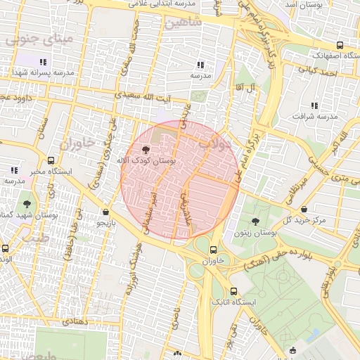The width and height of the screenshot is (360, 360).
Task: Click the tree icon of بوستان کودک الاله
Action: [146, 149]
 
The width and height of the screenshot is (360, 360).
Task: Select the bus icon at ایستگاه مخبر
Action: [51, 160]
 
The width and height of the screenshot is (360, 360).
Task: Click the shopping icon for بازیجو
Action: [105, 212]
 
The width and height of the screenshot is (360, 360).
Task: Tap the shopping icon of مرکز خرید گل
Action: [303, 209]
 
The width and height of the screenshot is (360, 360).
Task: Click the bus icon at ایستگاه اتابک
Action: [233, 291]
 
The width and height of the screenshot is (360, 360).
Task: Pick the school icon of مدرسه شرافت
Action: [314, 105]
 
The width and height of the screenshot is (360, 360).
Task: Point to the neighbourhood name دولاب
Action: [215, 144]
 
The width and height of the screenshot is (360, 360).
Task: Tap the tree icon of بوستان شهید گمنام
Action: [27, 203]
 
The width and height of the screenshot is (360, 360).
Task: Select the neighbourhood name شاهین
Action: [184, 22]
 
